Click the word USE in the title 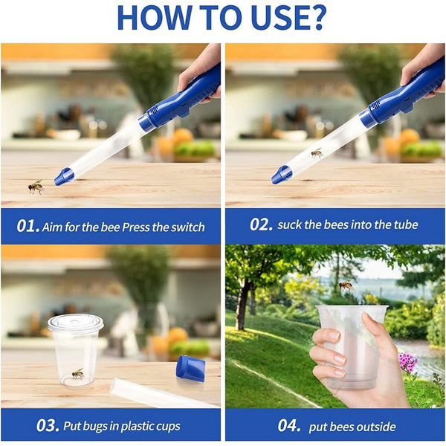coord(271,18)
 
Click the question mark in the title coord(315,18)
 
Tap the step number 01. coord(28,226)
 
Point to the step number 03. coord(47,426)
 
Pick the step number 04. coord(288,426)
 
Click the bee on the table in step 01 coord(36,186)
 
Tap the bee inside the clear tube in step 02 coord(317,154)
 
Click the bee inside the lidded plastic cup coord(77,373)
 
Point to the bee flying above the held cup coord(346,285)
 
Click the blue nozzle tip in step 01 coord(64,176)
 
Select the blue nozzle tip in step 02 coord(281,175)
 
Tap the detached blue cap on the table coord(190,369)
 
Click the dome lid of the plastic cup coord(75,323)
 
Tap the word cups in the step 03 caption coord(165,426)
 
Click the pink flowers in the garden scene coord(407,362)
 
